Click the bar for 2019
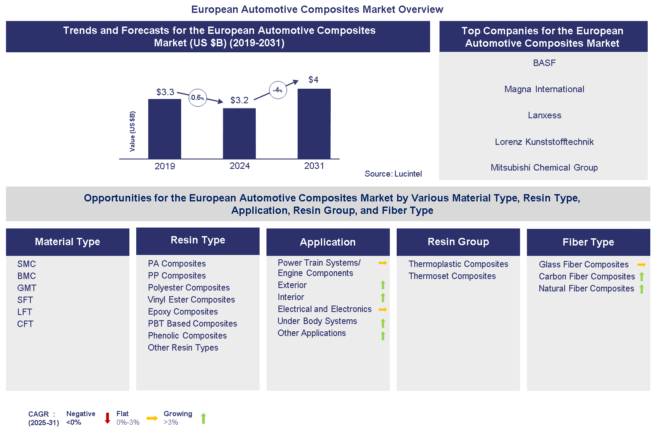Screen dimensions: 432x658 [164, 129]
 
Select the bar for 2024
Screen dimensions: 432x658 [239, 133]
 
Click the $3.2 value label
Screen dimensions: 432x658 [239, 100]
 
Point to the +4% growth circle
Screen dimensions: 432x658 [278, 90]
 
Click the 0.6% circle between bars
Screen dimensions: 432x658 [197, 98]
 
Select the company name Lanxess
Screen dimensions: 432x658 [544, 115]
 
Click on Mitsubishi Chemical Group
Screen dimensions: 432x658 [544, 168]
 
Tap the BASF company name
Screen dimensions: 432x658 [544, 63]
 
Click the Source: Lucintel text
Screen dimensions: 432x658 [393, 174]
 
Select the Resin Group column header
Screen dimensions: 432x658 [458, 242]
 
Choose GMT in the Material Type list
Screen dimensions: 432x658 [27, 288]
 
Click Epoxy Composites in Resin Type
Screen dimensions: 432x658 [183, 312]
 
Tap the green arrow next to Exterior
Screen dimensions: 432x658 [383, 285]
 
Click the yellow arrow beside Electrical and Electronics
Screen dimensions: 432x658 [383, 309]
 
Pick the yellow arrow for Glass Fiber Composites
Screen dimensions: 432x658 [641, 265]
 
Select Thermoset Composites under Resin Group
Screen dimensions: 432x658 [452, 276]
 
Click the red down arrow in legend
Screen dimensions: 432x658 [108, 418]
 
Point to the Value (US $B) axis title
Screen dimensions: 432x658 [132, 131]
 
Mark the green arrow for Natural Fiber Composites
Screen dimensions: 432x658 [642, 289]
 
